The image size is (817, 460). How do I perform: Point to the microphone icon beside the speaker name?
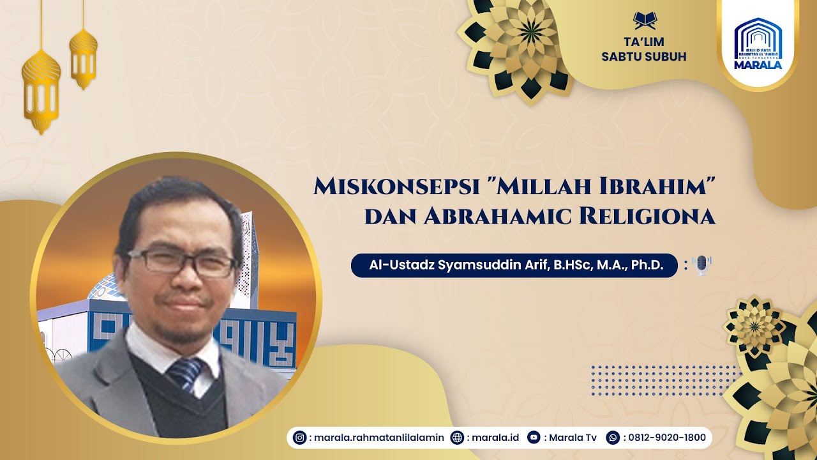point(701,265)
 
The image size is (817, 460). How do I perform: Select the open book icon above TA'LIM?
point(644,20)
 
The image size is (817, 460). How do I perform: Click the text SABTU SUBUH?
point(644,56)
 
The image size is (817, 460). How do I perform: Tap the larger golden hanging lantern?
point(41,89)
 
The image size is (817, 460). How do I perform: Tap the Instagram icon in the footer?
point(299,438)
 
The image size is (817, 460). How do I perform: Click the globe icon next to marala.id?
point(456,438)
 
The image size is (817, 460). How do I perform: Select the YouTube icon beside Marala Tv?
point(533,438)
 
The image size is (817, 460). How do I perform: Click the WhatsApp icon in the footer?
point(613,438)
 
